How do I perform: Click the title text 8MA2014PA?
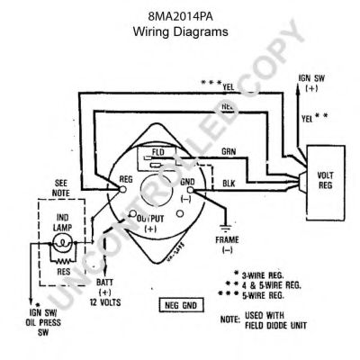[x=180, y=15]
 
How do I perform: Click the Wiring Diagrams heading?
[x=180, y=30]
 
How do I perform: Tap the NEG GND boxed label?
[x=180, y=305]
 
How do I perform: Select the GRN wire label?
[x=229, y=154]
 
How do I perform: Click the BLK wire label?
[x=229, y=184]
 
